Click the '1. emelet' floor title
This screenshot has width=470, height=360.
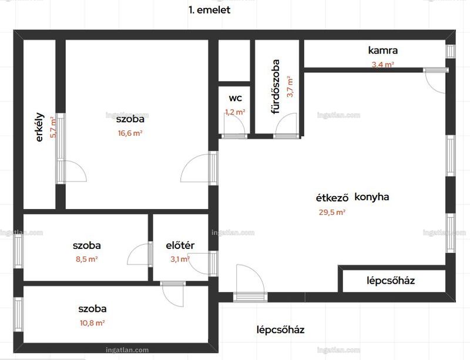[x=209, y=10]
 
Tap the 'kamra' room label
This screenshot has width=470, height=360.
[x=383, y=50]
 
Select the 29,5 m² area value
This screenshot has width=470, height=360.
[x=332, y=212]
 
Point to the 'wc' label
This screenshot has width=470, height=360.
[x=236, y=98]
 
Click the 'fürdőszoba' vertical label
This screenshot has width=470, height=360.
[x=275, y=86]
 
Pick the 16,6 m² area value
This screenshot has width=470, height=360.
[x=130, y=133]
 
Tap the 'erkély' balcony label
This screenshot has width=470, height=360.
[x=39, y=127]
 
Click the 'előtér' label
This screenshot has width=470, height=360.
[x=180, y=245]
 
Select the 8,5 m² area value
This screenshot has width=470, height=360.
[x=86, y=259]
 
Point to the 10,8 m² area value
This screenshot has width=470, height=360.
[x=92, y=323]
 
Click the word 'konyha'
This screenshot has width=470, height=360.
[x=372, y=197]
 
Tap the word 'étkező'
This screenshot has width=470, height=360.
[x=332, y=198]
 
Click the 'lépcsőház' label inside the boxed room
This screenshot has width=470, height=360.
[x=391, y=281]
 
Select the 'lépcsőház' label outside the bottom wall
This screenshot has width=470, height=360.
[x=280, y=329]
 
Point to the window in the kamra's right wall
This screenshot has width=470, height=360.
[x=450, y=51]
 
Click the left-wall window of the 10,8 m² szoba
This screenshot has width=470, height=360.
[x=18, y=314]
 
